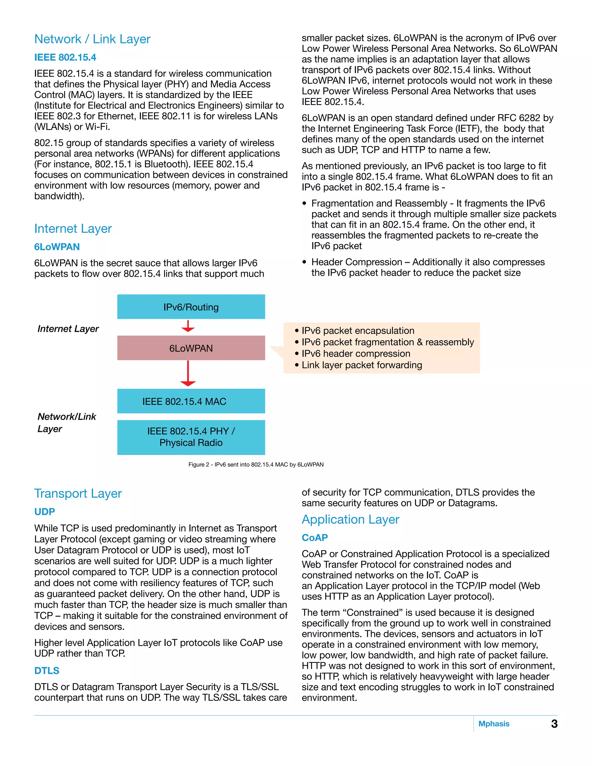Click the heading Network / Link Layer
pos(92,39)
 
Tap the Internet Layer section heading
pos(73,229)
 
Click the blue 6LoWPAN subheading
pos(57,247)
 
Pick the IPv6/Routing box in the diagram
pos(191,307)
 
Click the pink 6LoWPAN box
pos(191,348)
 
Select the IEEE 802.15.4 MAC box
pos(191,401)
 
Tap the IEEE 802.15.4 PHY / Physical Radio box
pos(191,437)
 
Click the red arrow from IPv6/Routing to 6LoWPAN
pos(188,326)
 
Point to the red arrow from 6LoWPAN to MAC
pos(188,374)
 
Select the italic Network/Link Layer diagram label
pos(67,423)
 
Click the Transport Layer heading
pos(78,493)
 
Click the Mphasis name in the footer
pos(493,724)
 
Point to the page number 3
pos(554,724)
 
